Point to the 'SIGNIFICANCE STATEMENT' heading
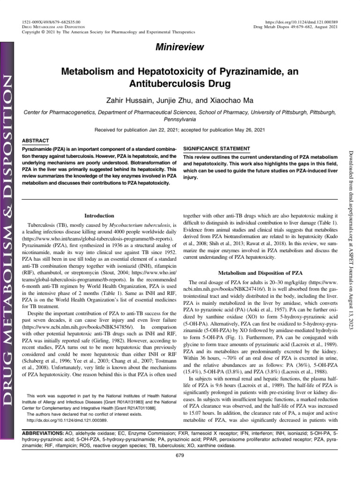tap(217, 147)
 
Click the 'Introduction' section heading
tap(99, 216)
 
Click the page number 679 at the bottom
tap(180, 455)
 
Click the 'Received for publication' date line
tap(180, 129)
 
